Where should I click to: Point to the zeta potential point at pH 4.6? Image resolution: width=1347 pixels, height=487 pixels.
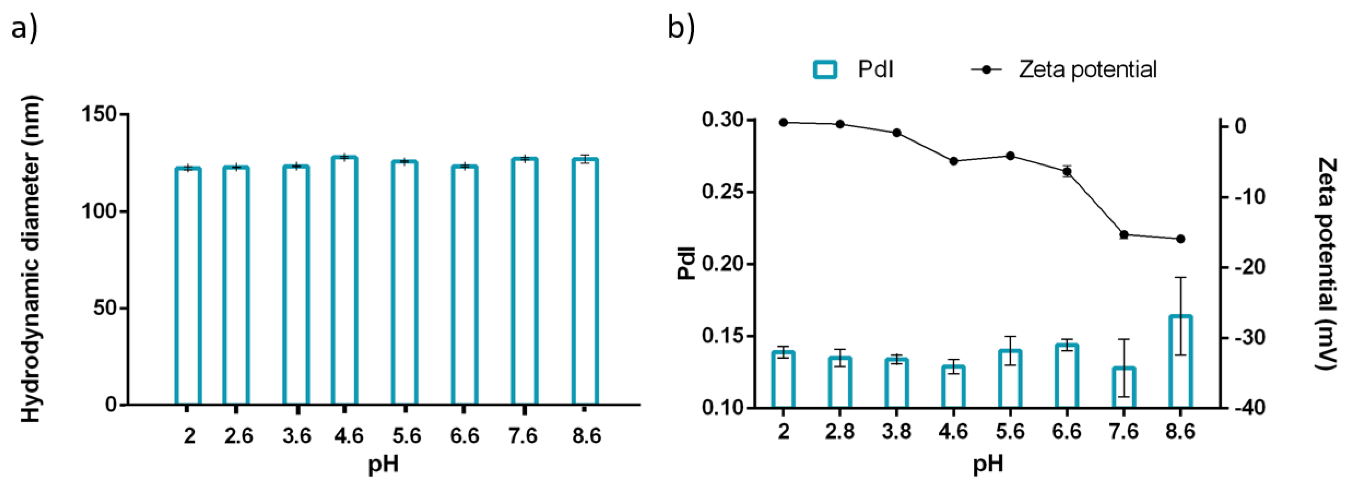click(953, 161)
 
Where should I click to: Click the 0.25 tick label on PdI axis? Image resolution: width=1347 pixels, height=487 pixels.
click(723, 192)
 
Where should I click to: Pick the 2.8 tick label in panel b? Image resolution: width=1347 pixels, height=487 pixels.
click(840, 432)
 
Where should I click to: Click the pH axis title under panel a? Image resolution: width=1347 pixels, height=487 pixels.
click(383, 464)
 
